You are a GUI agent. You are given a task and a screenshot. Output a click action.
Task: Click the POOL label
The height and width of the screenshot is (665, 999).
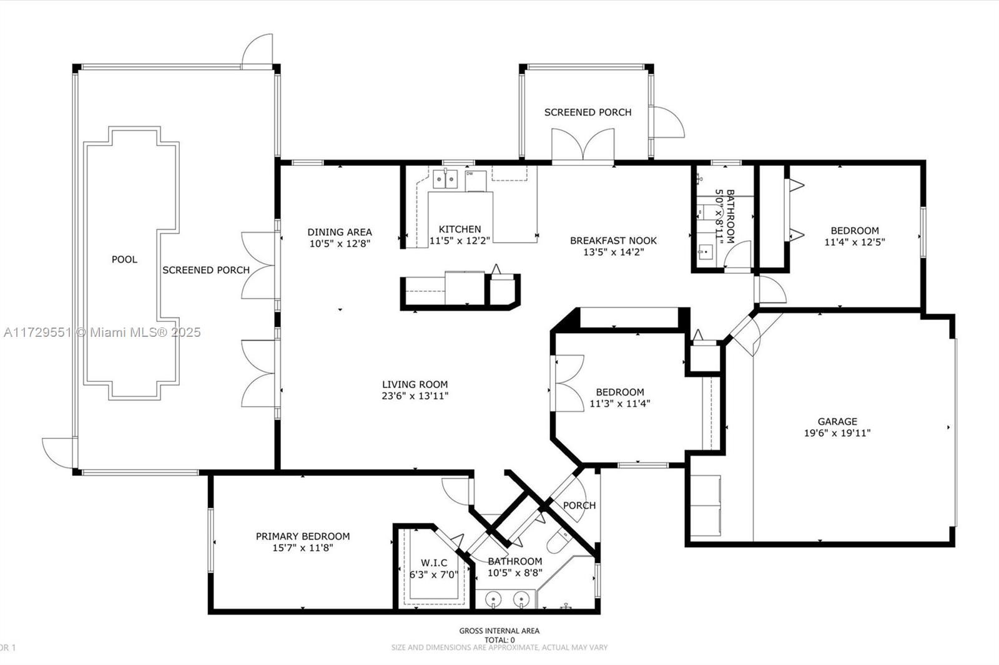pyautogui.click(x=124, y=260)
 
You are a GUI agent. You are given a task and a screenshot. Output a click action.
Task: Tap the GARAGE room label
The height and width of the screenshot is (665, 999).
pyautogui.click(x=837, y=421)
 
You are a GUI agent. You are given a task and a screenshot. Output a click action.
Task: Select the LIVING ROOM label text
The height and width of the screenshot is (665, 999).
pyautogui.click(x=415, y=384)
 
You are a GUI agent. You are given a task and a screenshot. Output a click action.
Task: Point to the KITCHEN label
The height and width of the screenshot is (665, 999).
pyautogui.click(x=460, y=229)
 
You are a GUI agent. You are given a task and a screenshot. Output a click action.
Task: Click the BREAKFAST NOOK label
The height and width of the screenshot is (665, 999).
pyautogui.click(x=613, y=241)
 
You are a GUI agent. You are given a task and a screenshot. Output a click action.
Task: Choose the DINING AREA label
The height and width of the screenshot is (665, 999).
pyautogui.click(x=340, y=232)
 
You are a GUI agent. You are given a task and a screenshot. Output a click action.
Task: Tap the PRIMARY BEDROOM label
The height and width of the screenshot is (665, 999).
pyautogui.click(x=303, y=536)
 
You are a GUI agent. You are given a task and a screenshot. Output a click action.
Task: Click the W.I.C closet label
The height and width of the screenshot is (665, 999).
pyautogui.click(x=434, y=563)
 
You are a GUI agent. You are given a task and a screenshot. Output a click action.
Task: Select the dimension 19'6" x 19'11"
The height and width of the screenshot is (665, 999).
pyautogui.click(x=837, y=433)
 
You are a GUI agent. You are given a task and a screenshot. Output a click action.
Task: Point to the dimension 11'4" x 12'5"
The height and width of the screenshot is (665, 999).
pyautogui.click(x=855, y=242)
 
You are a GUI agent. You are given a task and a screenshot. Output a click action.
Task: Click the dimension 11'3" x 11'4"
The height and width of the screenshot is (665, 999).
pyautogui.click(x=620, y=404)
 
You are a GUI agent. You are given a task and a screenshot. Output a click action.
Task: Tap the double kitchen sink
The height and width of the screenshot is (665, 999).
pyautogui.click(x=445, y=179)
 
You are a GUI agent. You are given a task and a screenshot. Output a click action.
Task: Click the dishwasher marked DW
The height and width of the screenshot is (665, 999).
pyautogui.click(x=475, y=180)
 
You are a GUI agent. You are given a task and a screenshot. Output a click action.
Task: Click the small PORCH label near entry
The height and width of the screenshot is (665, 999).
pyautogui.click(x=579, y=505)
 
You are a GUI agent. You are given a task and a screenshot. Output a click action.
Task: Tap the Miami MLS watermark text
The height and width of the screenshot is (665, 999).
pyautogui.click(x=102, y=332)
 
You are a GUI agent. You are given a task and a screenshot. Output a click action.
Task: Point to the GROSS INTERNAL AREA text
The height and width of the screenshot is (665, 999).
pyautogui.click(x=499, y=631)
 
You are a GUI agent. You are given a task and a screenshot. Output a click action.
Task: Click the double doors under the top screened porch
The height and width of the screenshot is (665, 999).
pyautogui.click(x=583, y=145)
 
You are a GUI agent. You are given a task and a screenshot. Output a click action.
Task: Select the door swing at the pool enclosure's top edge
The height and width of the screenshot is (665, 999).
pyautogui.click(x=257, y=50)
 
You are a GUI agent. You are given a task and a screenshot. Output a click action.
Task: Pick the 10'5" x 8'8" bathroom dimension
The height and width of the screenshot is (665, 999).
pyautogui.click(x=514, y=573)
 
